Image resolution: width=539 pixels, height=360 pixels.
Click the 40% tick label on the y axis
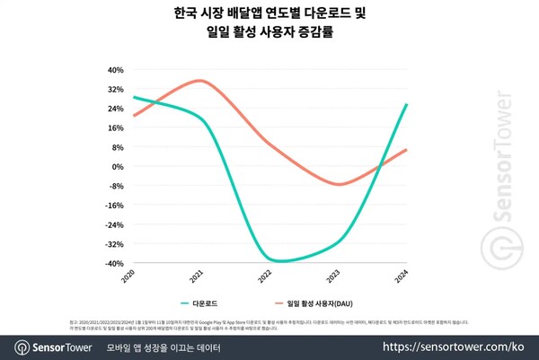click(116, 70)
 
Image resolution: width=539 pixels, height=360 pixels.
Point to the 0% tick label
click(119, 167)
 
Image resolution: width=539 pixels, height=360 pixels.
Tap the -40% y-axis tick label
click(115, 264)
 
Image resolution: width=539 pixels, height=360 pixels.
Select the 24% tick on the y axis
click(116, 109)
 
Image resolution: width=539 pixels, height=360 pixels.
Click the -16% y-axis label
click(115, 206)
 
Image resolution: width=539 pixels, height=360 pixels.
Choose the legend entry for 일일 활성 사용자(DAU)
click(319, 303)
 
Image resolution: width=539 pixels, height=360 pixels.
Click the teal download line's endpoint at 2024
click(407, 104)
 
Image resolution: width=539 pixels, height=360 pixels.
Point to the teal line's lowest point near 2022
click(281, 261)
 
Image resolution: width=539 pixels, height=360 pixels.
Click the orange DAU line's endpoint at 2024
click(407, 149)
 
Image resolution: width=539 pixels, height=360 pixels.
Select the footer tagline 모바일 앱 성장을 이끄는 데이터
click(171, 346)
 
